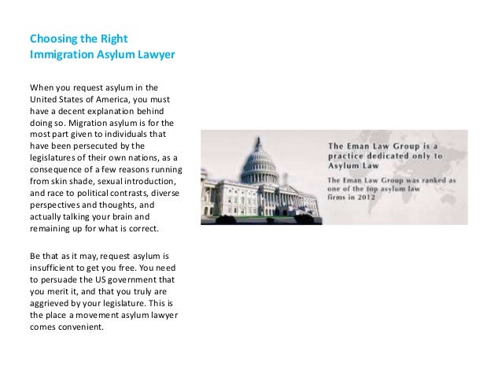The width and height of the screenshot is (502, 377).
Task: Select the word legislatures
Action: click(x=55, y=158)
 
